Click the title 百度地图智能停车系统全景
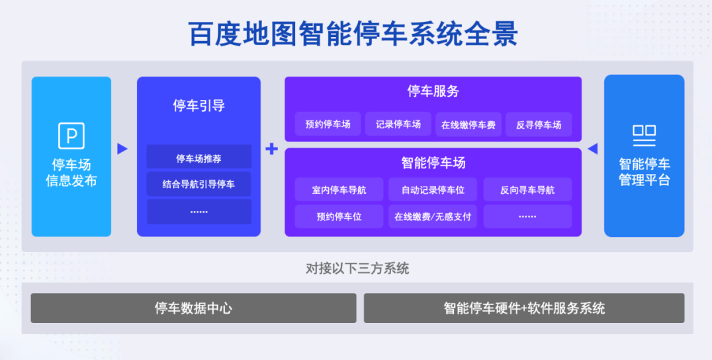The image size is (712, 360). click(x=353, y=34)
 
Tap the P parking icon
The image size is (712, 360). click(x=71, y=136)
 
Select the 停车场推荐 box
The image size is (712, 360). click(x=199, y=158)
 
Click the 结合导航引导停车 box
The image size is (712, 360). click(x=199, y=184)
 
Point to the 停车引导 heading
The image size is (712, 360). click(x=199, y=105)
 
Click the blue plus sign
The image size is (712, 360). click(x=271, y=148)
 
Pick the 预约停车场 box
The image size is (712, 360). click(x=328, y=124)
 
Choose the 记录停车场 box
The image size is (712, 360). click(x=398, y=124)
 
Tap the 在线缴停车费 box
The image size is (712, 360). click(x=468, y=124)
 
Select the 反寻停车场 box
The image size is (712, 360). click(x=539, y=124)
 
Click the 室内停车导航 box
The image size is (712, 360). click(x=339, y=190)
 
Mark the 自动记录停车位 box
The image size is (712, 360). click(x=433, y=190)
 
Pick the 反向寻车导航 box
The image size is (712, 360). click(x=527, y=190)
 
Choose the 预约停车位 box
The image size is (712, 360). click(x=339, y=216)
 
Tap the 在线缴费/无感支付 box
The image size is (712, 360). click(x=433, y=216)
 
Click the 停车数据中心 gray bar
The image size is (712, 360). click(x=193, y=308)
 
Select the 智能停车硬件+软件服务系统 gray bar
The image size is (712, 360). click(x=524, y=308)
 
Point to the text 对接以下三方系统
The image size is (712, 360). click(x=357, y=268)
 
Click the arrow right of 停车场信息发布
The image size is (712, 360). click(x=122, y=148)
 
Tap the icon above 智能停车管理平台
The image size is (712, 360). click(x=645, y=136)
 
